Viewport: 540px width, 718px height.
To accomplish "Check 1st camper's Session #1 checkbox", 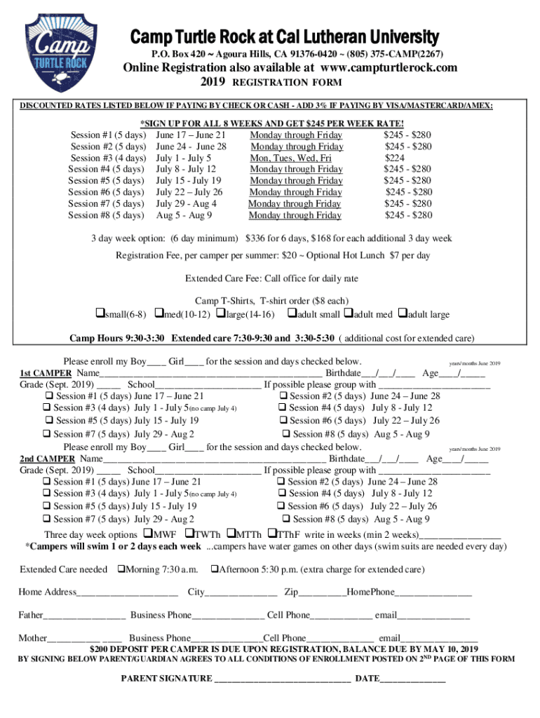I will [47, 396].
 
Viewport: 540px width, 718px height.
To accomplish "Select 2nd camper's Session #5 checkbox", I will [46, 506].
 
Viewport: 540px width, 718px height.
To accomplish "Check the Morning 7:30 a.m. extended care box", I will [121, 569].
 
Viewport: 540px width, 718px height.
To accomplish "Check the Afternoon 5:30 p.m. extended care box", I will [215, 569].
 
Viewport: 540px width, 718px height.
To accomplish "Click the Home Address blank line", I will [126, 592].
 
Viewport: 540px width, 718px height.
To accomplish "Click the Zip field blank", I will [323, 592].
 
